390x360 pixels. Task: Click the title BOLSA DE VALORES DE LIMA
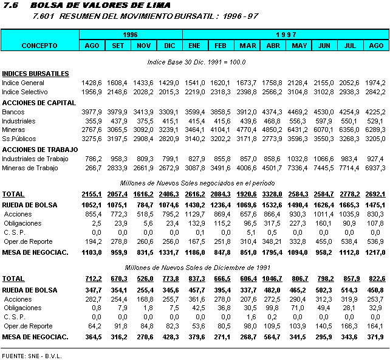coord(100,5)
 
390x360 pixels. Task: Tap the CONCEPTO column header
coord(39,46)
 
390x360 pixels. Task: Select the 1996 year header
coord(131,35)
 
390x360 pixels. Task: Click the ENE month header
coord(194,46)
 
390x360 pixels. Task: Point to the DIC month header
coord(169,46)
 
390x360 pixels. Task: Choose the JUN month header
coord(324,46)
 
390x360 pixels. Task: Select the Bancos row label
coord(13,112)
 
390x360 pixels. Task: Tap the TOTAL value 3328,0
coord(273,194)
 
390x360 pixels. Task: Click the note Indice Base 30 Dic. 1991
coord(196,62)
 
